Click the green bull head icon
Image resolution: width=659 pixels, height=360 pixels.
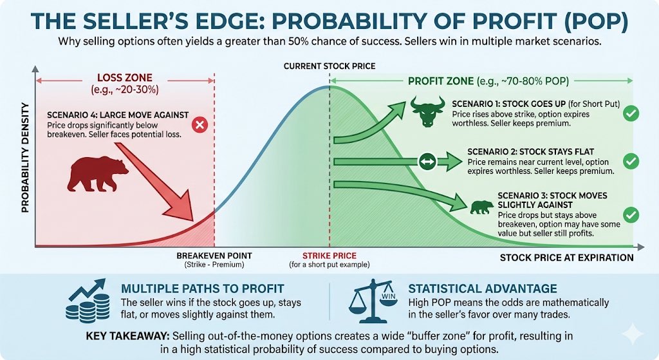point(426,113)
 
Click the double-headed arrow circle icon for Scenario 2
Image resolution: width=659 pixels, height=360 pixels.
point(427,162)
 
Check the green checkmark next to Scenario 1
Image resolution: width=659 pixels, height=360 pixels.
point(632,113)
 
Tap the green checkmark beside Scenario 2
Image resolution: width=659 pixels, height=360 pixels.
point(632,161)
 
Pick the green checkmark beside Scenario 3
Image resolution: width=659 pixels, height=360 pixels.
point(632,214)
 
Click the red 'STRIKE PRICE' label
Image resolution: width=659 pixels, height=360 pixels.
point(329,256)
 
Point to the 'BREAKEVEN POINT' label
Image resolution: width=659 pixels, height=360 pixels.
point(214,256)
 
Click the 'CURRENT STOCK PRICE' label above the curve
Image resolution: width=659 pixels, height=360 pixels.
point(329,66)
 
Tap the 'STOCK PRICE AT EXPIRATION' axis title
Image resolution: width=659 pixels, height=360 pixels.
point(567,258)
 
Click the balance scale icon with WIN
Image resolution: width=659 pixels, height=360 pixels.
point(373,301)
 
